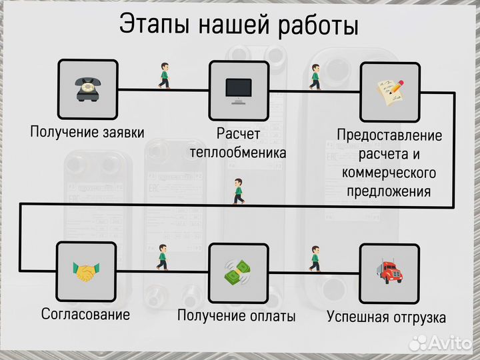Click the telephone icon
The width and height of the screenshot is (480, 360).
coord(87,89)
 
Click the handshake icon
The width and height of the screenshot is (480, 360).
coord(87,272)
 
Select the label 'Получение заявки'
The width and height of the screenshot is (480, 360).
coord(87,131)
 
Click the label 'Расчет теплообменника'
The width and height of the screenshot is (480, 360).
coord(238,143)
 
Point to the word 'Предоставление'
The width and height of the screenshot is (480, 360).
coord(389,135)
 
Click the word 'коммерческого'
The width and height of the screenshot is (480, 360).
coord(389,173)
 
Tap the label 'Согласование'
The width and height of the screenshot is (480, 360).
coord(85,313)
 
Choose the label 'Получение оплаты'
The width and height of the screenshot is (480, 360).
coord(237,316)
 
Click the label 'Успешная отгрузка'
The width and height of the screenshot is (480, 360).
coord(387,317)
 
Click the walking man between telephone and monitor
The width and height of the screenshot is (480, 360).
coord(164,76)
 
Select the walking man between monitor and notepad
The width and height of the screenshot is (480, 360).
coord(315,77)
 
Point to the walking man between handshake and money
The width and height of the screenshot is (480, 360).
coord(161,257)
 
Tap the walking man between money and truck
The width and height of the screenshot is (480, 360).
coord(315,259)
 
